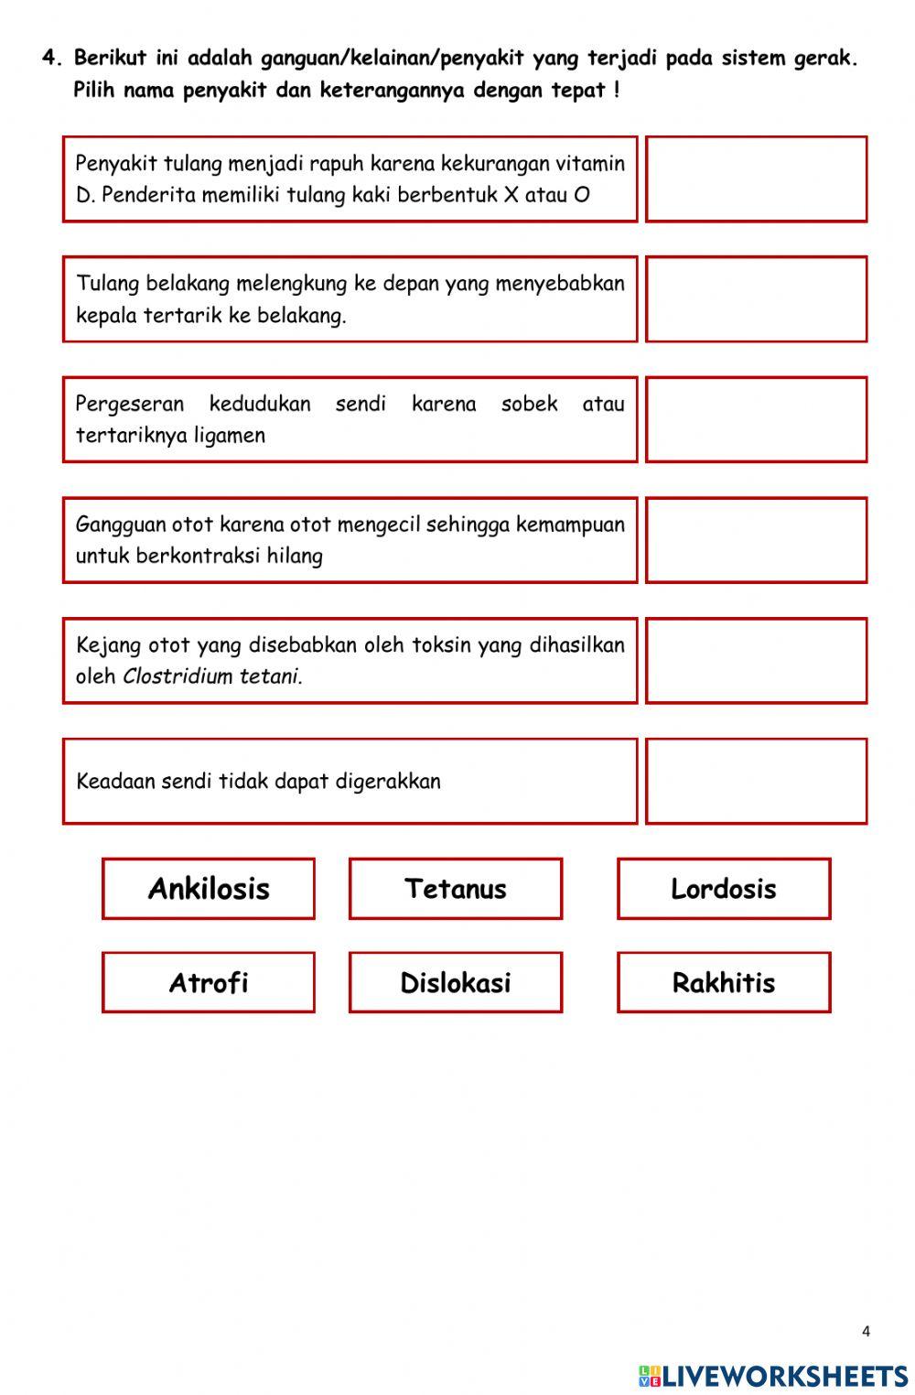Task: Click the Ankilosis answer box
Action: (209, 889)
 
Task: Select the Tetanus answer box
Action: (456, 889)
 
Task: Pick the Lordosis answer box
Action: (724, 889)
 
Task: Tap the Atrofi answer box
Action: (209, 982)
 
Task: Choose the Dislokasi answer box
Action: (456, 982)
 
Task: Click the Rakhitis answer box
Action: (724, 982)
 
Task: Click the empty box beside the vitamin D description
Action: (757, 179)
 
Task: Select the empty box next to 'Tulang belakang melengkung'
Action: (757, 299)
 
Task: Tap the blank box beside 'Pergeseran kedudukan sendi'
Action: (757, 419)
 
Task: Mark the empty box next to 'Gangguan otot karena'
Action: (757, 540)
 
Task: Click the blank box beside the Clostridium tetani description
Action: (757, 661)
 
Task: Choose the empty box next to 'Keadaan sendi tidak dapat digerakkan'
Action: (757, 781)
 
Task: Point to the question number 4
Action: (52, 59)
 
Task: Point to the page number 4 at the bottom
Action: (866, 1332)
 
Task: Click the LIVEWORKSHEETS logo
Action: (773, 1375)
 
